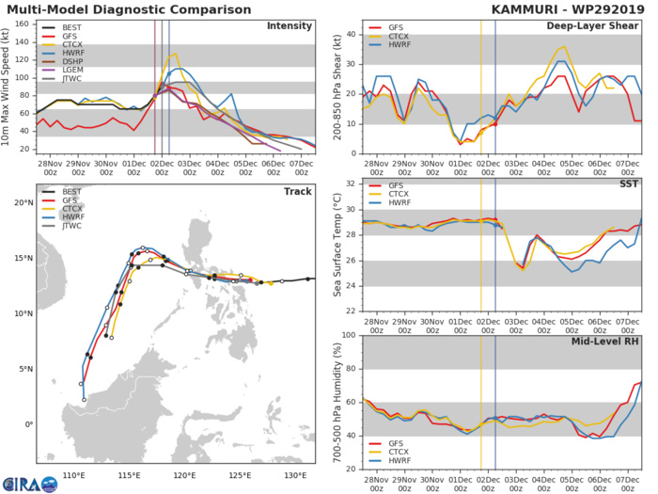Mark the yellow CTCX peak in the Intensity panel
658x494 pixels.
coord(174,54)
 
